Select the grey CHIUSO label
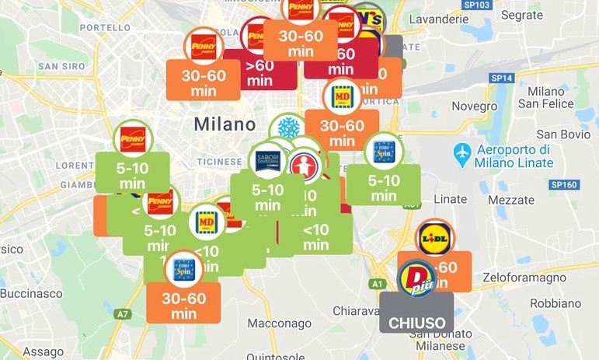(x=416, y=322)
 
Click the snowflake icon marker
(x=288, y=129)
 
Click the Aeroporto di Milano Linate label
(x=514, y=156)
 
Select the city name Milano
(x=225, y=124)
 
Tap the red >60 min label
(x=259, y=72)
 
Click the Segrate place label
(x=522, y=15)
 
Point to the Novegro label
(x=474, y=106)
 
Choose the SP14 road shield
(x=503, y=78)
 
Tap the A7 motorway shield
(x=123, y=314)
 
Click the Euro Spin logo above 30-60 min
(x=183, y=268)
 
